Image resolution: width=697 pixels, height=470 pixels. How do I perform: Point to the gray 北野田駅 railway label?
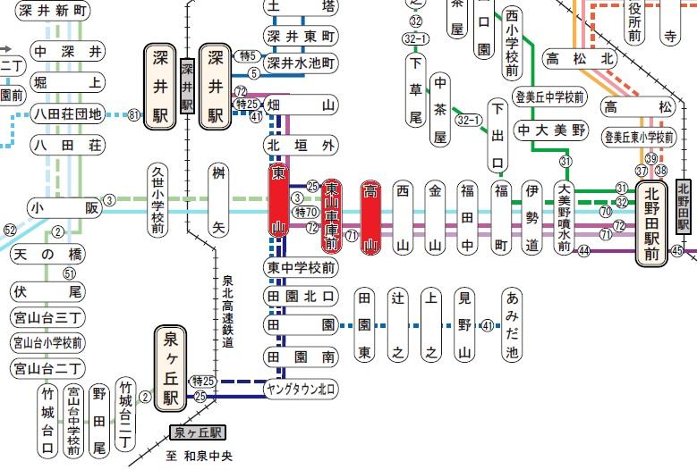[x=684, y=206]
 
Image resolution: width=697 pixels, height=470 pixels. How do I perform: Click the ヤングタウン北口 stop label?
[x=301, y=389]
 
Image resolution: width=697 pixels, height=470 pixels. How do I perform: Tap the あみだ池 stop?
[x=512, y=325]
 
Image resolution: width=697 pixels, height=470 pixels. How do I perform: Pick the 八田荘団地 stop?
[x=67, y=113]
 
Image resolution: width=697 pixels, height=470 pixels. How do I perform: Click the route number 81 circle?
[x=133, y=114]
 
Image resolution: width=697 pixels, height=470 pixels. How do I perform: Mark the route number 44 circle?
[x=583, y=251]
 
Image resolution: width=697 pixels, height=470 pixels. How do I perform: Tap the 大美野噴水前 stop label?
[x=564, y=217]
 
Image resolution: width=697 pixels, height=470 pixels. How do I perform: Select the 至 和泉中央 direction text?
[x=198, y=455]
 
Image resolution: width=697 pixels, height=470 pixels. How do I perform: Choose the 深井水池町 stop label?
[x=301, y=63]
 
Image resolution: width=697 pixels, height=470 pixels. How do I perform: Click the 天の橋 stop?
[x=48, y=255]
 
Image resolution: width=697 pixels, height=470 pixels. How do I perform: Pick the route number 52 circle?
[x=11, y=230]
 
